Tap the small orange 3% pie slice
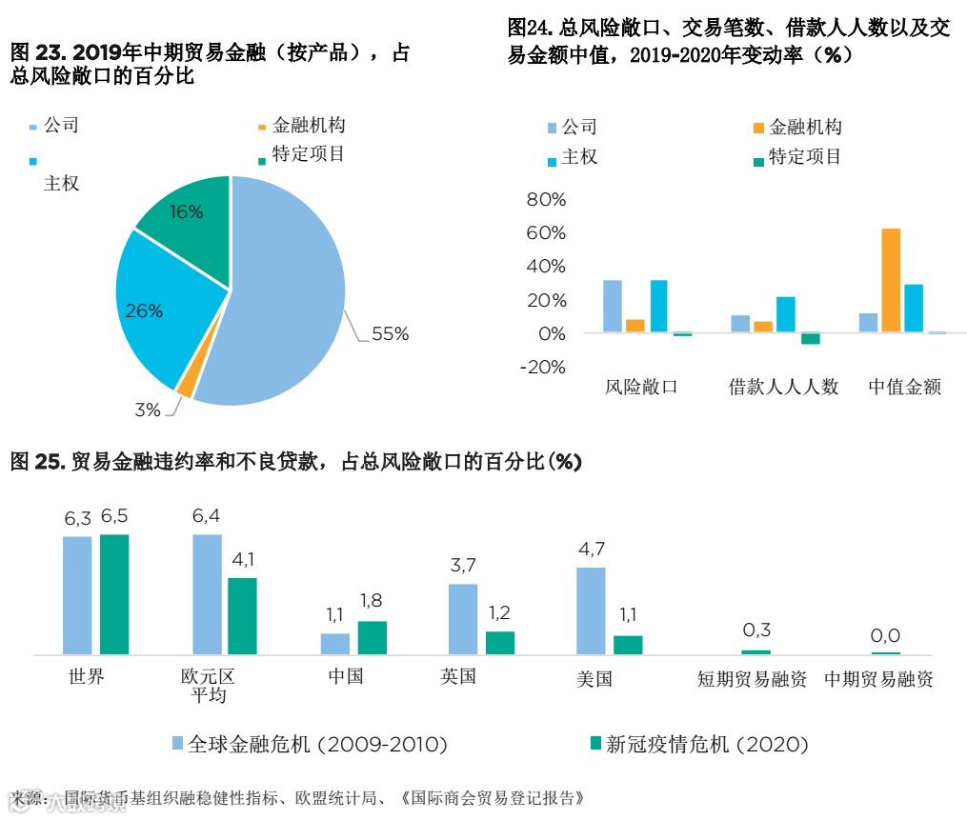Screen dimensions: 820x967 tap(185, 384)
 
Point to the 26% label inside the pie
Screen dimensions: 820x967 tap(144, 310)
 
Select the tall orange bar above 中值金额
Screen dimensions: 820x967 tap(891, 280)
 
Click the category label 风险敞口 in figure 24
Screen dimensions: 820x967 tap(641, 387)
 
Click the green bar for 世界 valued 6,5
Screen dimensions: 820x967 tap(114, 594)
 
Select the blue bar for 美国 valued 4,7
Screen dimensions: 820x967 tap(591, 610)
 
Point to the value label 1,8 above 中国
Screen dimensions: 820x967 tap(373, 601)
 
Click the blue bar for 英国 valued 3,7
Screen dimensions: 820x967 tap(463, 619)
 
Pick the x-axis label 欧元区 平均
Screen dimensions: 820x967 tap(208, 686)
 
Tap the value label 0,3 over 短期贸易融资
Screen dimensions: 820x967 tap(755, 630)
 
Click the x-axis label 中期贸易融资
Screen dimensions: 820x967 tap(878, 679)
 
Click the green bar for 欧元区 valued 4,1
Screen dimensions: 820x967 tap(242, 615)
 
